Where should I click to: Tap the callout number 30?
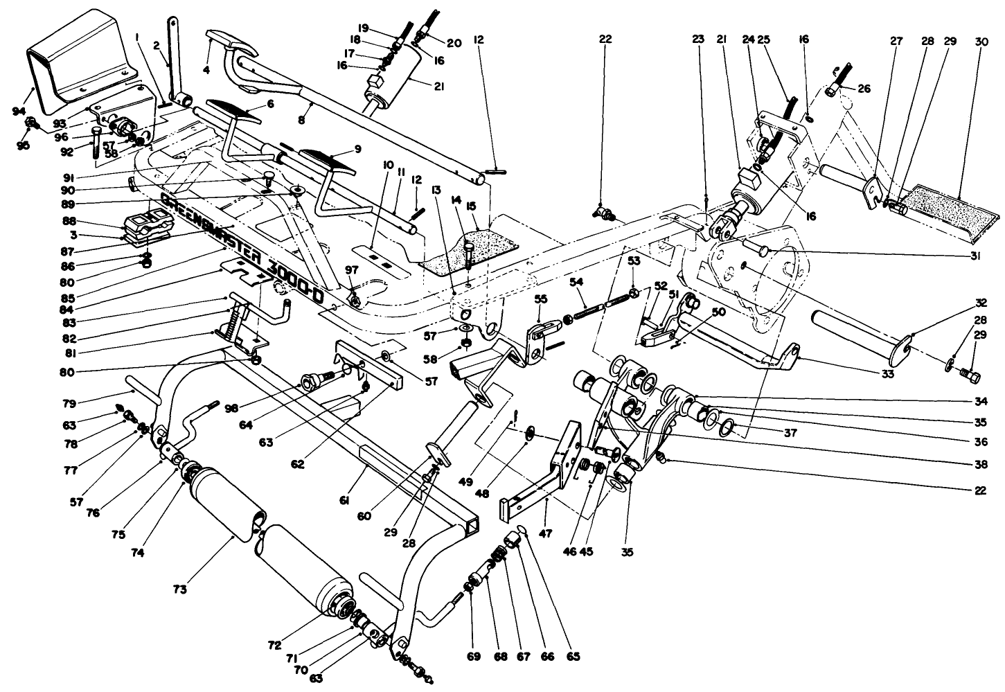(x=982, y=41)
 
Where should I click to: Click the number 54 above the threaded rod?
(x=578, y=282)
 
